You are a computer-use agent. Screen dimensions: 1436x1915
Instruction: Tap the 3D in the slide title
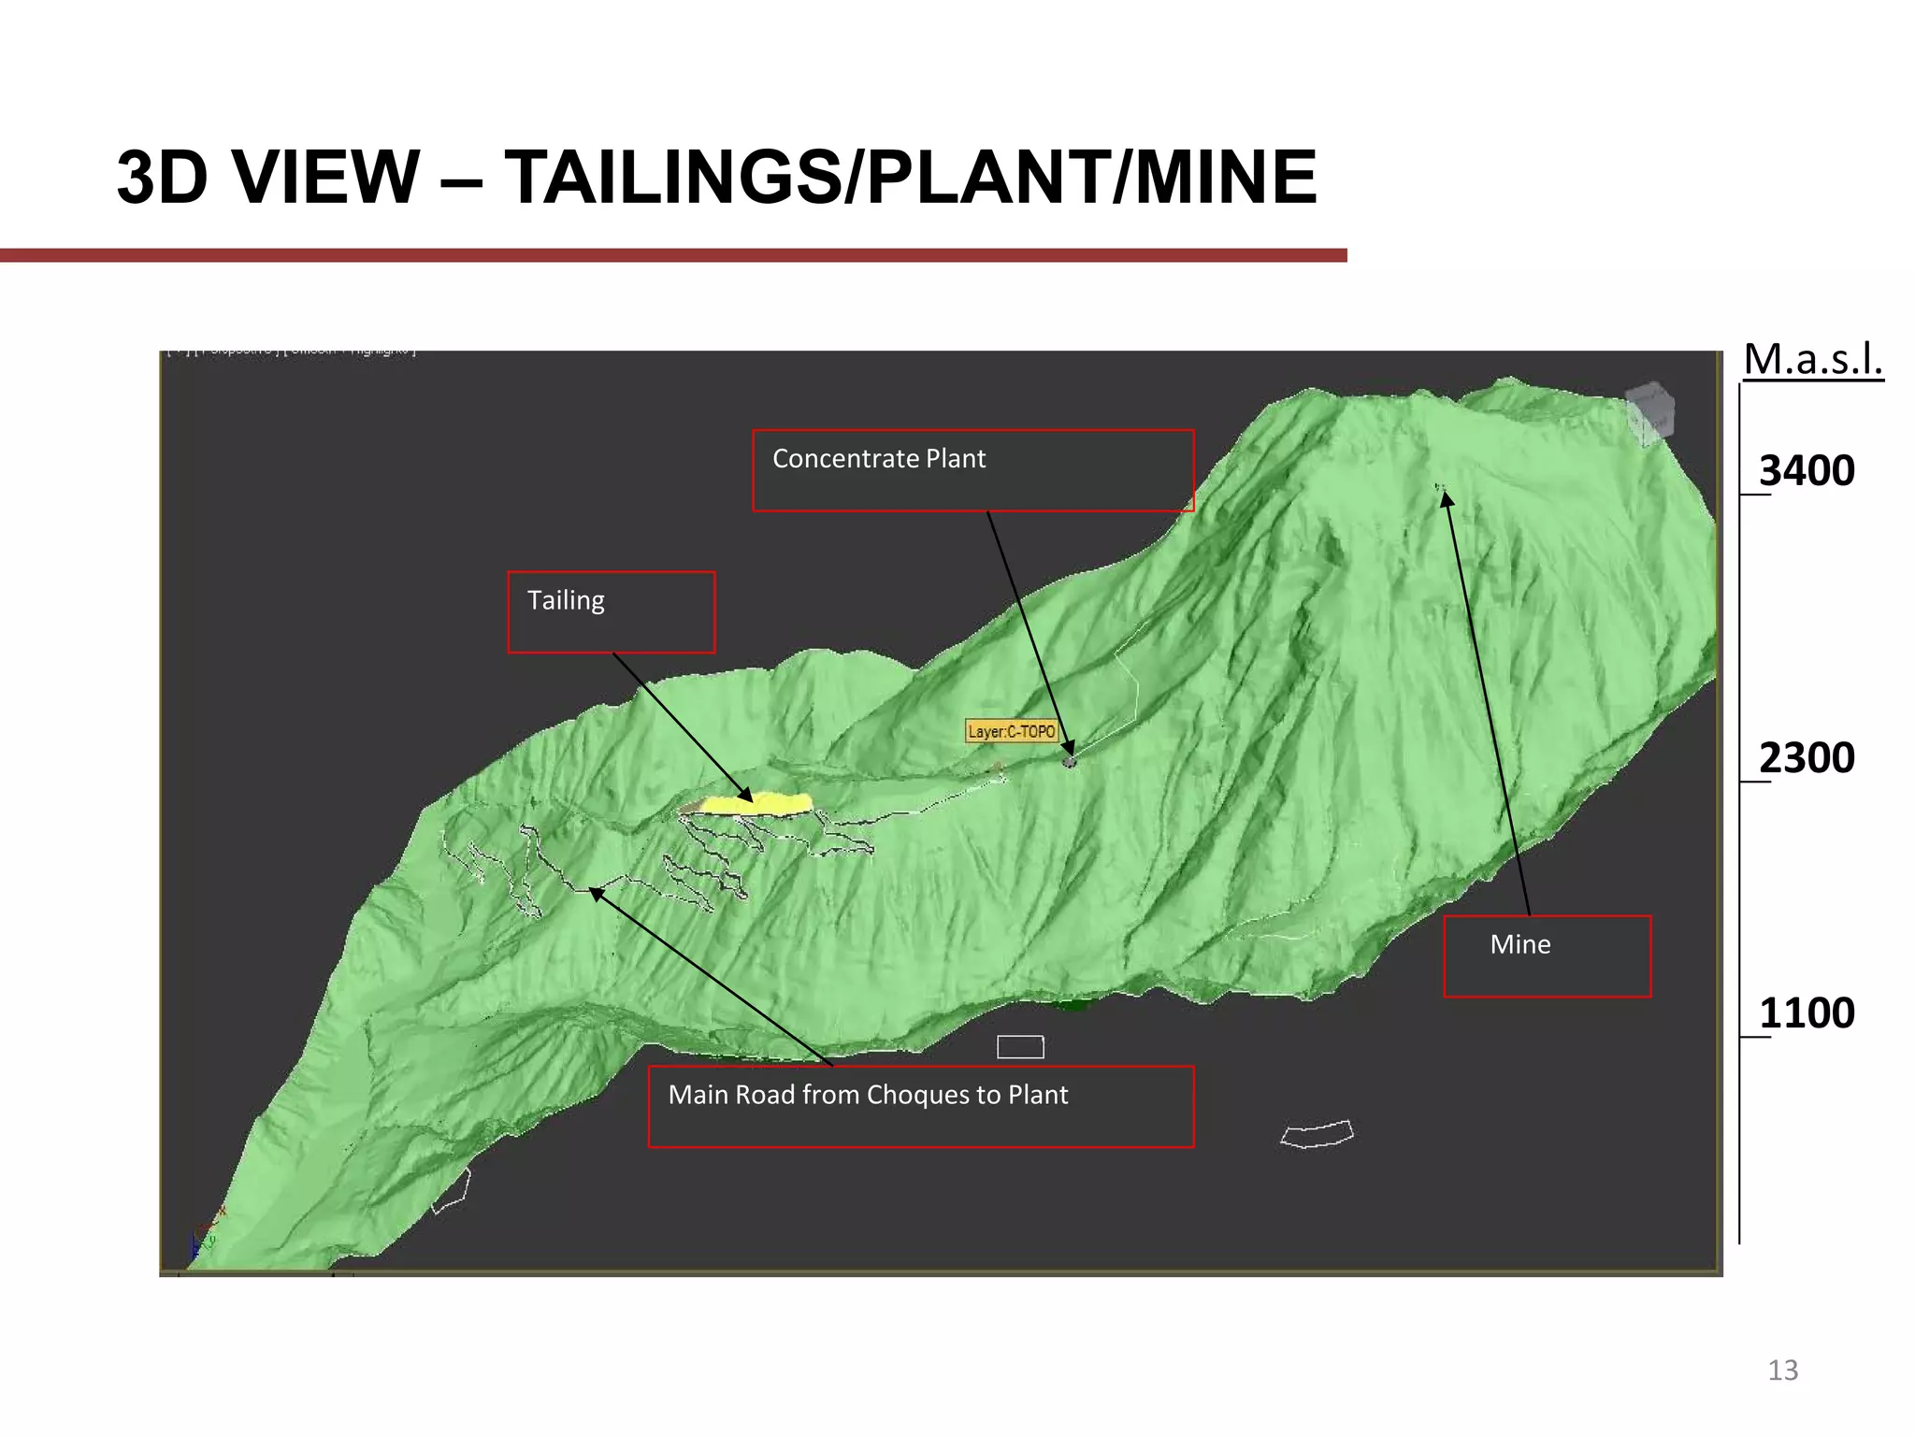click(x=162, y=177)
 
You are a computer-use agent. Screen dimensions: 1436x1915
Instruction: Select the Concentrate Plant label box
click(x=972, y=470)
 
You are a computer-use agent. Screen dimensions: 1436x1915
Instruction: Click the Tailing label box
click(x=611, y=611)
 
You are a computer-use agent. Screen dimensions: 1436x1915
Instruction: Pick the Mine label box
click(x=1547, y=955)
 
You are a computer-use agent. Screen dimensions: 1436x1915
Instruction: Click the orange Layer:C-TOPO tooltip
click(x=1011, y=731)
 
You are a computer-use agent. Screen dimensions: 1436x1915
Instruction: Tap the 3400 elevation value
click(x=1806, y=470)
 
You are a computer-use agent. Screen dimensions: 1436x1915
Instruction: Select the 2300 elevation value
click(x=1806, y=757)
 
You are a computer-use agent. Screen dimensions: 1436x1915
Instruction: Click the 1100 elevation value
click(x=1806, y=1012)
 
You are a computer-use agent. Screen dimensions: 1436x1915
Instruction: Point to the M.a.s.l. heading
click(x=1812, y=359)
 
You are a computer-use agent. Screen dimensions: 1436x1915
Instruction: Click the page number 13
click(x=1782, y=1370)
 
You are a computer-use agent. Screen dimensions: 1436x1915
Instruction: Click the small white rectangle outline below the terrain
click(x=1019, y=1046)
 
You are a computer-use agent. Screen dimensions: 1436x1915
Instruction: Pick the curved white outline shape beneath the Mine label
click(x=1317, y=1134)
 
